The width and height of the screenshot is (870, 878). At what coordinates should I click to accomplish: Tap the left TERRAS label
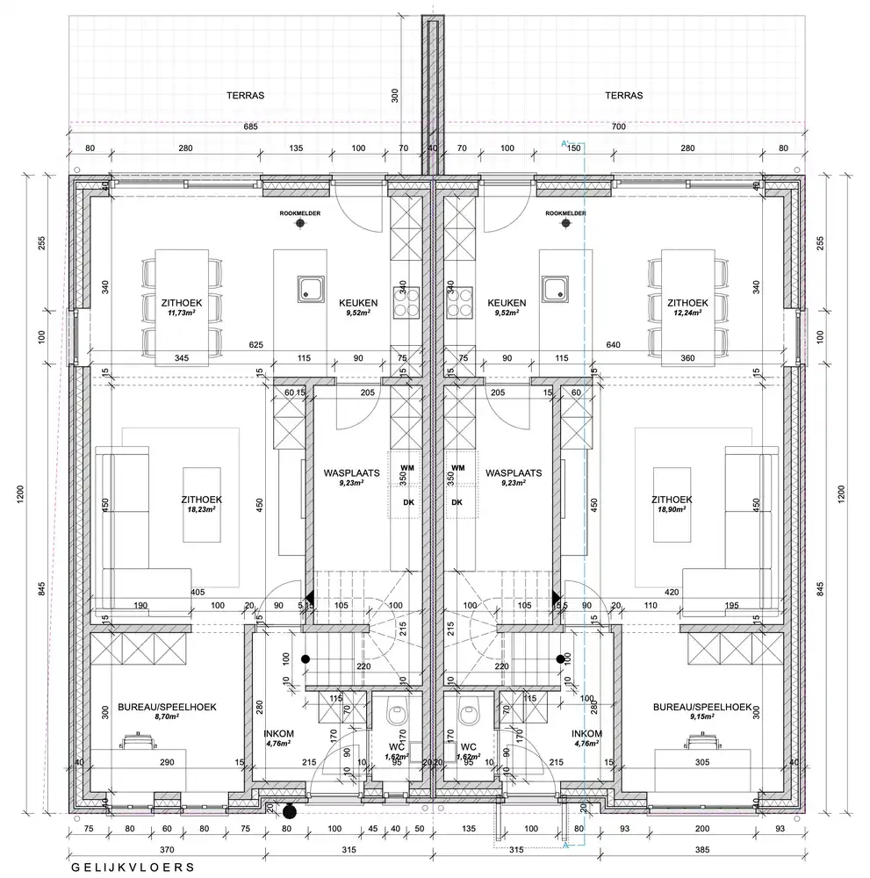(x=246, y=96)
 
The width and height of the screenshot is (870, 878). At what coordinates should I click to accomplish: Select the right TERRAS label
(x=623, y=96)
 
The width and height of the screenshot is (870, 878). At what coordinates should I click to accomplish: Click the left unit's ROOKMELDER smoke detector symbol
(x=300, y=224)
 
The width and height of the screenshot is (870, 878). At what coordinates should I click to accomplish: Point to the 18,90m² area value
(x=669, y=508)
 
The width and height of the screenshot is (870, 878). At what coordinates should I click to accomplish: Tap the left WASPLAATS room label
(x=351, y=471)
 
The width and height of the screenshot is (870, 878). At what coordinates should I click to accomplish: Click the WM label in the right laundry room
(x=457, y=468)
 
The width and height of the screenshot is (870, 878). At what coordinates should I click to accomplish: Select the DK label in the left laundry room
(x=406, y=502)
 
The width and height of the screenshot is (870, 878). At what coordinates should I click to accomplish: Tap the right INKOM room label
(x=586, y=733)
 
